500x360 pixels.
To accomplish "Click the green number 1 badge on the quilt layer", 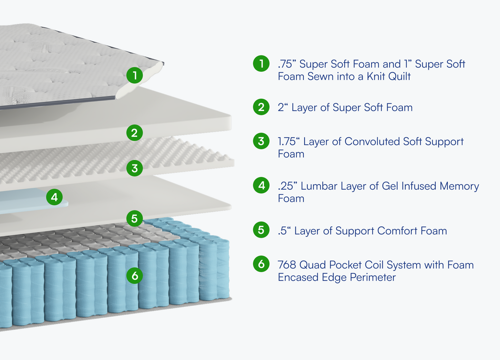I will coord(135,75).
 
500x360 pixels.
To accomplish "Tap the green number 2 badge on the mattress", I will coord(135,133).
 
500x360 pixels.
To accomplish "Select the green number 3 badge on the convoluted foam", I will coord(135,168).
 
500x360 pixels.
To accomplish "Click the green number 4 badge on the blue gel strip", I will coord(54,197).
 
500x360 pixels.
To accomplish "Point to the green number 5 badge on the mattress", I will coord(135,218).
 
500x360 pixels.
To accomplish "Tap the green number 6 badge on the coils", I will coord(135,276).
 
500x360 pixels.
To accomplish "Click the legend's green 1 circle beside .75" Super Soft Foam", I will coord(261,64).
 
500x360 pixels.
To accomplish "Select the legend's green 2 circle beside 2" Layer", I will coord(261,107).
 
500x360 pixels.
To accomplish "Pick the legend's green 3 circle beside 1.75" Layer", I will coord(261,141).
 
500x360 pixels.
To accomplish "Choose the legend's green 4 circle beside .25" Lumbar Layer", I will coord(261,186).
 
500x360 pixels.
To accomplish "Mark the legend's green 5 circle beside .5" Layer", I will coord(261,230).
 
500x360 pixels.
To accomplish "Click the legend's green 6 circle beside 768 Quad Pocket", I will coord(261,264).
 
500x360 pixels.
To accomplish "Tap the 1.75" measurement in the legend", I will coord(289,142).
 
